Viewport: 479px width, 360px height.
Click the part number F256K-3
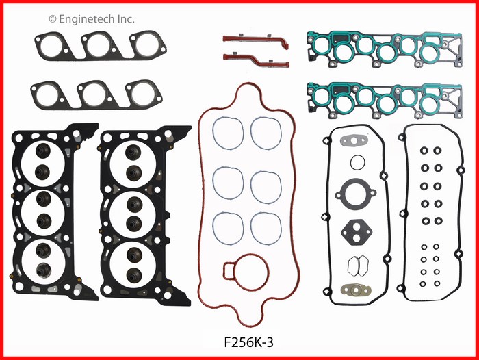(248, 342)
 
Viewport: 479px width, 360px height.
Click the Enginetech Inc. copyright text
(91, 19)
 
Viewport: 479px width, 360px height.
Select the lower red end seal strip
(256, 60)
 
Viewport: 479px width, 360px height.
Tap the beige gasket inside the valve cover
(355, 290)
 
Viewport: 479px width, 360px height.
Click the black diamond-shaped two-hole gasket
(356, 232)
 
